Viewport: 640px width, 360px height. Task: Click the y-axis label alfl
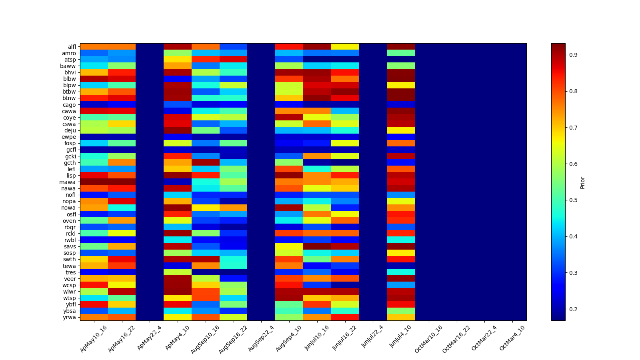pos(72,47)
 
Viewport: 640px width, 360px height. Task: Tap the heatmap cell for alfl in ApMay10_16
pos(94,47)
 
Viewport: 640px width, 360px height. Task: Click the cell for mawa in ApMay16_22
pos(122,182)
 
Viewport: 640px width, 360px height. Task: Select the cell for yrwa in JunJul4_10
pos(401,317)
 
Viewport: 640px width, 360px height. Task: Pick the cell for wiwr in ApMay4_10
pos(178,292)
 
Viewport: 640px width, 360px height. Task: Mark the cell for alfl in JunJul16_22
pos(345,47)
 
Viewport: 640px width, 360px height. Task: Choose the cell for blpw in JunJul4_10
pos(401,85)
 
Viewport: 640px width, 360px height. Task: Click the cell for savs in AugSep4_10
pos(289,246)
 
